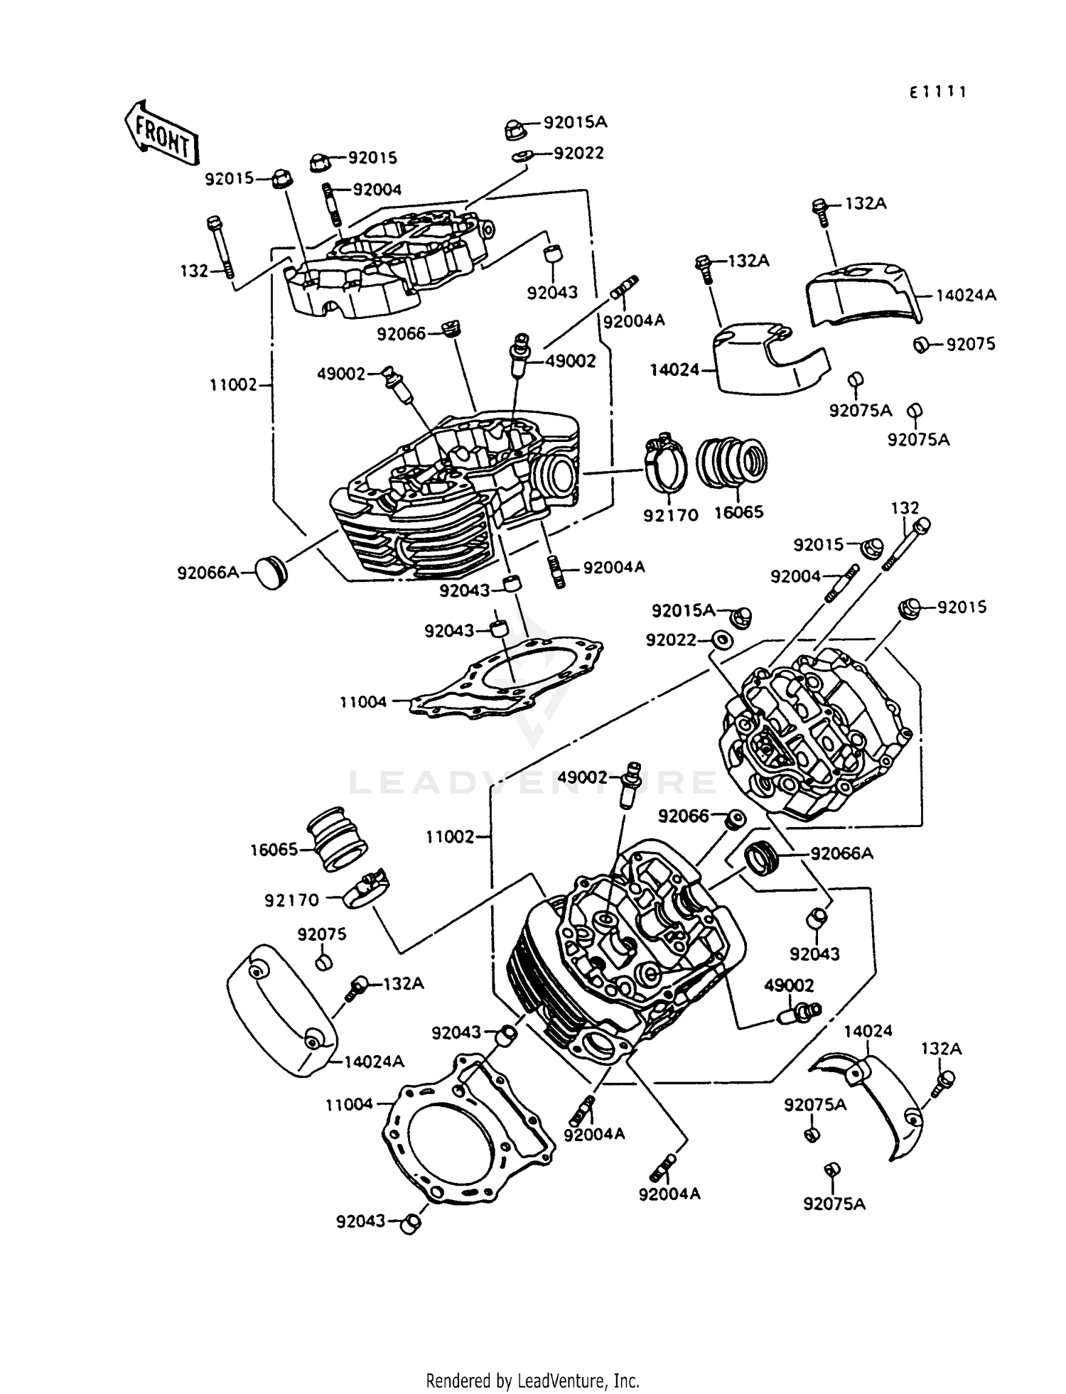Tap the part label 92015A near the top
tap(575, 122)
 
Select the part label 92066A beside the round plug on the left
tap(208, 572)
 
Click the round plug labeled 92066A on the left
tap(269, 573)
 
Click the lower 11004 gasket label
tap(349, 1105)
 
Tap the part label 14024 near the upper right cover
tap(674, 370)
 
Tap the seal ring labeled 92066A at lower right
tap(762, 857)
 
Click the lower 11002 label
tap(450, 837)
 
